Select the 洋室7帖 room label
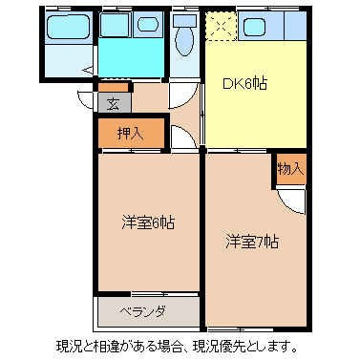pyautogui.click(x=253, y=241)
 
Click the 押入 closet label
pyautogui.click(x=131, y=133)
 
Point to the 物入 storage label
pyautogui.click(x=290, y=169)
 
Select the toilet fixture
pyautogui.click(x=185, y=38)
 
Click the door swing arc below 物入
pyautogui.click(x=293, y=201)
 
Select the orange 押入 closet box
pyautogui.click(x=131, y=133)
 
